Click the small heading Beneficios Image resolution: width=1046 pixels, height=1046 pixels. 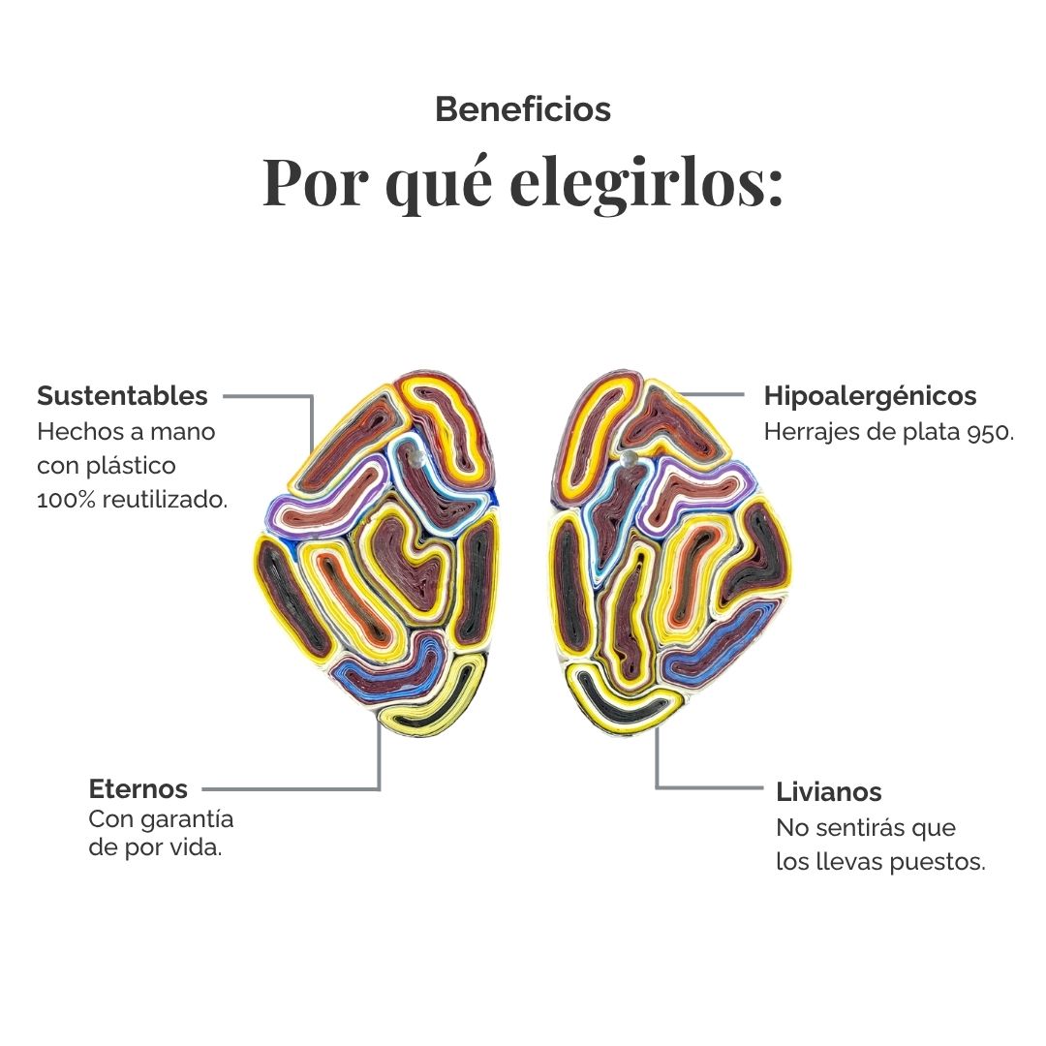tap(523, 109)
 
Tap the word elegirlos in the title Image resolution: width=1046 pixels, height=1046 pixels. tap(646, 182)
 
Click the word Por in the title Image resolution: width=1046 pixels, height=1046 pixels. tap(315, 182)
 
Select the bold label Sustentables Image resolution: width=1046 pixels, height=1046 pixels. tap(122, 395)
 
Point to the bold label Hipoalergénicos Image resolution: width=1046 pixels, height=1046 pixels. tap(870, 395)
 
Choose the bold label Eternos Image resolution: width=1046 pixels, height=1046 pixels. tap(138, 788)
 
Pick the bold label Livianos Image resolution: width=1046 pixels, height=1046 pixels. tap(828, 792)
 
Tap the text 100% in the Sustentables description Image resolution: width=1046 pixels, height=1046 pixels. tap(66, 499)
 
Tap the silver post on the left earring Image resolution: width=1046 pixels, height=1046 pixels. tap(416, 456)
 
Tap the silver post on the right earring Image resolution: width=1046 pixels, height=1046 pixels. tap(628, 457)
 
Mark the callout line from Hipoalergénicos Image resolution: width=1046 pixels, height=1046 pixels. tap(710, 395)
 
